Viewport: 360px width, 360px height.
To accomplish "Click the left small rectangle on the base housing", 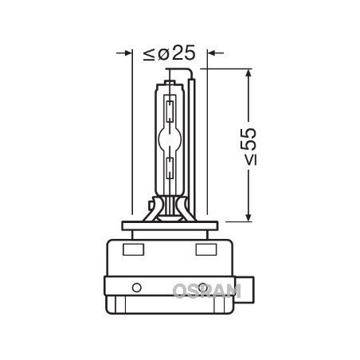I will click(133, 249).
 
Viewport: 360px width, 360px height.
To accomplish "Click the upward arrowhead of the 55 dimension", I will click(250, 74).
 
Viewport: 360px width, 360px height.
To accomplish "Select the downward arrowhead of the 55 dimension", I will click(250, 215).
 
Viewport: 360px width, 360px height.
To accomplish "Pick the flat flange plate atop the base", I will click(170, 226).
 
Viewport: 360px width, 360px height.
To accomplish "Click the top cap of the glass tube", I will click(170, 78).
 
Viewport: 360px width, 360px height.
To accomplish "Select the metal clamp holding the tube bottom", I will click(170, 212).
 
